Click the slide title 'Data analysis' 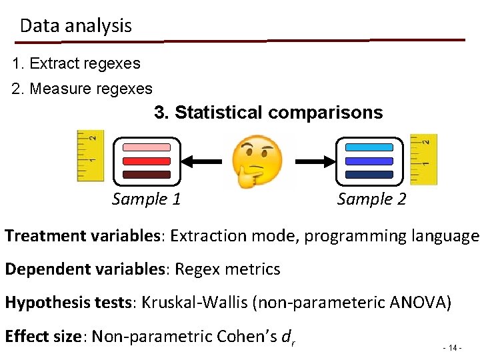coord(76,26)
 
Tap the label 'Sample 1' coord(147,199)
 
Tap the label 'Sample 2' coord(371,199)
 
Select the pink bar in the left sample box coord(146,147)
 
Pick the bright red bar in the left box coord(146,161)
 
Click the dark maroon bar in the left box coord(146,175)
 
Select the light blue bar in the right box coord(369,147)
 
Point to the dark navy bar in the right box coord(369,175)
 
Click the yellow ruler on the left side coord(90,156)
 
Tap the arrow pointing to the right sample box coord(311,161)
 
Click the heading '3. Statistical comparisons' coord(269,113)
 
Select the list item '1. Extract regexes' coord(77,64)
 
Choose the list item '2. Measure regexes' coord(83,88)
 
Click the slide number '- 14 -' coord(452,348)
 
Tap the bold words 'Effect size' coord(43,336)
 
